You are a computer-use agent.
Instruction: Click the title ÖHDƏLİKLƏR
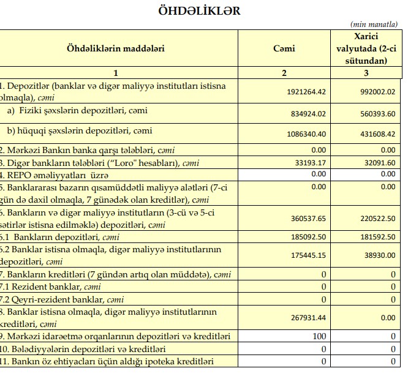point(200,10)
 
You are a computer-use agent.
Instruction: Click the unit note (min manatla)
point(374,24)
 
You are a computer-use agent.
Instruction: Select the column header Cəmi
point(284,48)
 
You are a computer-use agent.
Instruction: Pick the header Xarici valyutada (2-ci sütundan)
point(366,48)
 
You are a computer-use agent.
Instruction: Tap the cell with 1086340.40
point(306,133)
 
